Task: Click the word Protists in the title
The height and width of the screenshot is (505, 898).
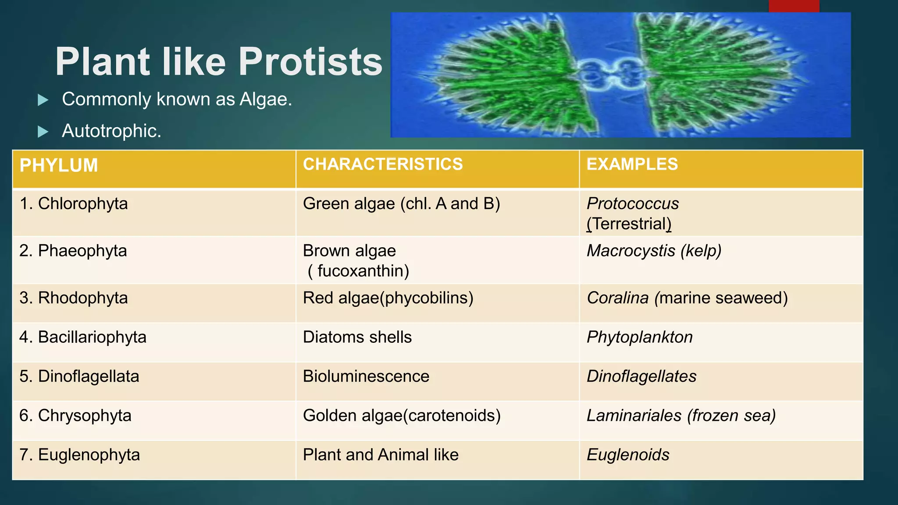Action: coord(310,62)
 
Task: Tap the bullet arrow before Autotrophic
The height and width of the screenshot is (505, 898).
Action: coord(43,132)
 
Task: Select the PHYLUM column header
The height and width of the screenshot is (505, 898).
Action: coord(59,166)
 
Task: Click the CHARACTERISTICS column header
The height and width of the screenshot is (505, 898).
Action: coord(383,164)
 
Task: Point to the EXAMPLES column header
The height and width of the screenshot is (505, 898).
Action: coord(632,164)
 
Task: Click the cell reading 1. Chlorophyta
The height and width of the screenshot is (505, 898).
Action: coord(74,204)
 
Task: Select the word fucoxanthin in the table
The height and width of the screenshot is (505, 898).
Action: coord(363,271)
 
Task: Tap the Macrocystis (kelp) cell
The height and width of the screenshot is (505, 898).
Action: coord(654,251)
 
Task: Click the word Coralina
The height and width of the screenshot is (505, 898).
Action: coord(617,298)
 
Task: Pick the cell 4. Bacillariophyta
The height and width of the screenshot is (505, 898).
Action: coord(83,337)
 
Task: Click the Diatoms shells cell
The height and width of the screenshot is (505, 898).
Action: coord(357,337)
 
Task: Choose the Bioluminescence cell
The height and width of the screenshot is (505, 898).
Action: coord(366,377)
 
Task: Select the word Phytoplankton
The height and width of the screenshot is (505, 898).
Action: coord(639,337)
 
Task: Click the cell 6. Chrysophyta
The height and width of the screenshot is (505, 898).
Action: coord(75,416)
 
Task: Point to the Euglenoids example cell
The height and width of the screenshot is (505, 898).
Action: coord(628,455)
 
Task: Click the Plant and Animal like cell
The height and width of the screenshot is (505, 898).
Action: coord(380,455)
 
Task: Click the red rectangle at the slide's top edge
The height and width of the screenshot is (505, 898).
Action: coord(794,6)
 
